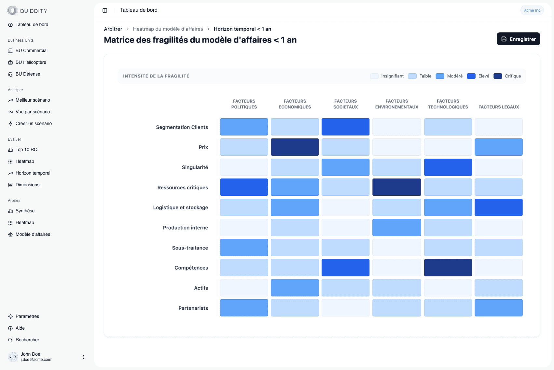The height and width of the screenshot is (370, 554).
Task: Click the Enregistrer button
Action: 518,39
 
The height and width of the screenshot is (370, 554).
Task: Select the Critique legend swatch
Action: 498,76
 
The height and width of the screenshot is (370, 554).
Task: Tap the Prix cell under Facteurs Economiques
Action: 295,147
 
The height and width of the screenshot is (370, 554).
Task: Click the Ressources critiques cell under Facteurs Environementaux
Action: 396,187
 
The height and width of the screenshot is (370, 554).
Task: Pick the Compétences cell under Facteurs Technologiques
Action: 448,268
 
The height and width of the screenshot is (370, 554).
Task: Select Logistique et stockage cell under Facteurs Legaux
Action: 498,207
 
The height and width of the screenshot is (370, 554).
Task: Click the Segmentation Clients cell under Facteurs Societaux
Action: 345,127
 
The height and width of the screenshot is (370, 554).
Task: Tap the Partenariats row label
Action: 193,308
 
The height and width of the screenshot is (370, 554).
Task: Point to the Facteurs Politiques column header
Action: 244,104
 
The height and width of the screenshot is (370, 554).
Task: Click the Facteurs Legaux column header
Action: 498,107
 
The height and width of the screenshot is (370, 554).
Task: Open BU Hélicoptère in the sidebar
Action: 31,62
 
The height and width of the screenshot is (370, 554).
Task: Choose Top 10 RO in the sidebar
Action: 26,149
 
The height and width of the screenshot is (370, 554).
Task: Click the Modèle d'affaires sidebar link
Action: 33,234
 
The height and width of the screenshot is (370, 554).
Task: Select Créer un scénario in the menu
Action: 34,123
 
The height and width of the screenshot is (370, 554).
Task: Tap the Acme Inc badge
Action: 532,10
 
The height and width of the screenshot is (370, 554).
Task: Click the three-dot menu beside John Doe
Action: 83,357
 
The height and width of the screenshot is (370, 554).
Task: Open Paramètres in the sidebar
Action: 27,316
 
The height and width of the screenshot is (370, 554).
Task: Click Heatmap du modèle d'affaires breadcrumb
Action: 168,29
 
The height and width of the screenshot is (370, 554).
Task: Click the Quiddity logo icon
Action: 12,10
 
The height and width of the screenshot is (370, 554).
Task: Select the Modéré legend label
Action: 454,76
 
